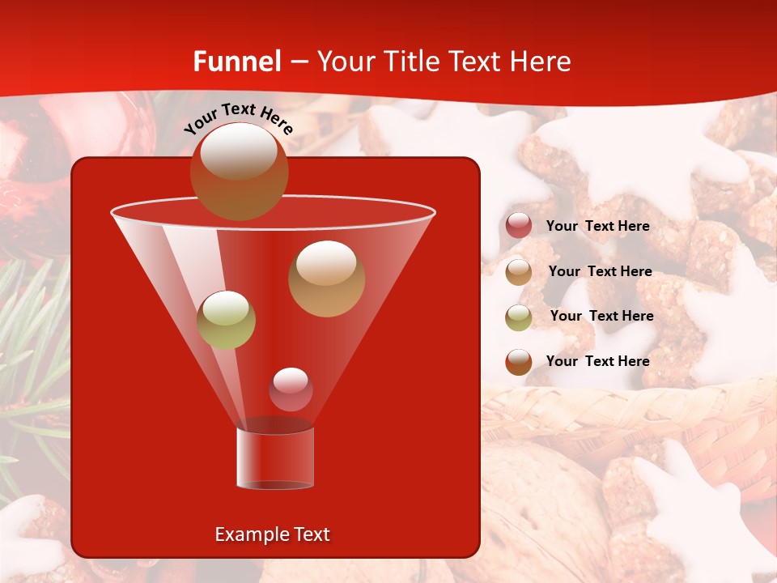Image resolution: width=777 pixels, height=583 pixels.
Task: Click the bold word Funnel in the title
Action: coord(237,62)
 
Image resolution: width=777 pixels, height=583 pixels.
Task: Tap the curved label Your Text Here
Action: coord(239,118)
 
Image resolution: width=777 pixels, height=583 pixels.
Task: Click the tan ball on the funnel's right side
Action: coord(326,279)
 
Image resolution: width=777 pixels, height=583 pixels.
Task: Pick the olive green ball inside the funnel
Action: coord(226,320)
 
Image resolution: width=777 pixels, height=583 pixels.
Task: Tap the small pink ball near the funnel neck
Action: coord(291,389)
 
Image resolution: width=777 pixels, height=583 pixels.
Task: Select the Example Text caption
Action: coord(272,534)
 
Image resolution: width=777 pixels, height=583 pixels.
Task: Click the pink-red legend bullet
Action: coord(519,226)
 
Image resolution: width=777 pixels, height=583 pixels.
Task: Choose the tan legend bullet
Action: coord(519,271)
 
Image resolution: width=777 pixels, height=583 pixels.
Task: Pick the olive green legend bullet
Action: coord(519,317)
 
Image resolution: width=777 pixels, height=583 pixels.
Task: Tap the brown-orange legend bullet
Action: coord(519,361)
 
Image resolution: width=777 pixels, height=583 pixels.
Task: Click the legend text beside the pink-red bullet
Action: coord(597,227)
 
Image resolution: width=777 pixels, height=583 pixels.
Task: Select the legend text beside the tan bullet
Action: coord(600,272)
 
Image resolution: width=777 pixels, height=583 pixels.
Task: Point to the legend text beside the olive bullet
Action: coord(601,317)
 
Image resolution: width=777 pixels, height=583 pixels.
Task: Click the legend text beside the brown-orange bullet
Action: coord(597,361)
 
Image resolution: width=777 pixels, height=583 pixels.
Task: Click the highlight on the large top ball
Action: coord(238,151)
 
